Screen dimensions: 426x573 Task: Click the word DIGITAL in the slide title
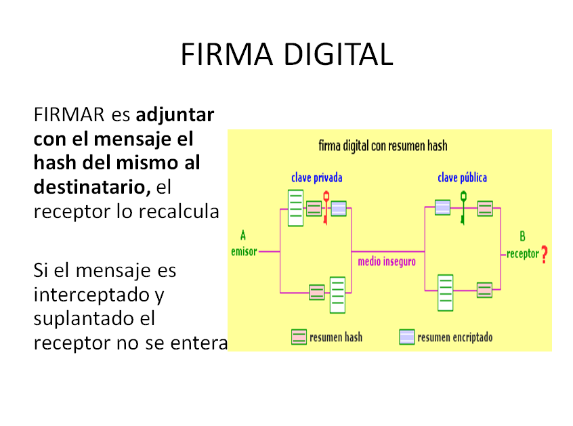(338, 55)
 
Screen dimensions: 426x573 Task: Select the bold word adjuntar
(175, 114)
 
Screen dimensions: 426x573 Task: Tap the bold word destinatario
(91, 187)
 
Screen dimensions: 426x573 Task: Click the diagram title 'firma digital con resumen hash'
(383, 146)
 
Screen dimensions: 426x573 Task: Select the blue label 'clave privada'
(316, 178)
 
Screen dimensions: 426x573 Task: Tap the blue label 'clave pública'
(462, 178)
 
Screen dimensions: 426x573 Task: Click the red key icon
(326, 207)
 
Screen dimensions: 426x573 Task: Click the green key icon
(463, 207)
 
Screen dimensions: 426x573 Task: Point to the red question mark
(544, 254)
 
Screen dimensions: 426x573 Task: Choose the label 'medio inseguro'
(387, 261)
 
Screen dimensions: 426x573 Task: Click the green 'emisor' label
(244, 252)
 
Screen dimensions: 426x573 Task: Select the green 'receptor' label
(523, 254)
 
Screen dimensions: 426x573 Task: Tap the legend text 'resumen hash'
(335, 337)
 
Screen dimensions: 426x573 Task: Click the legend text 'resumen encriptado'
(454, 337)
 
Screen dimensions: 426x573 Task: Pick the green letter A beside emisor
(243, 236)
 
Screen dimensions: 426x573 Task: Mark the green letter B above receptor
(522, 236)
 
